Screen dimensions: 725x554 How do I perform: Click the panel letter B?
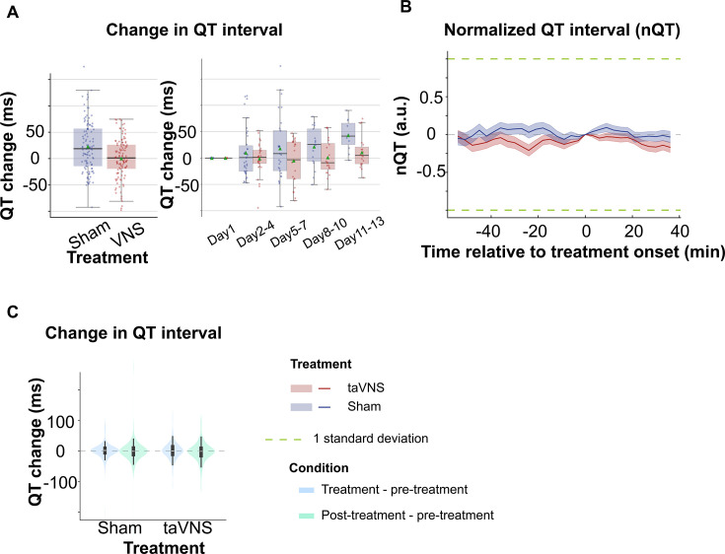[x=405, y=7]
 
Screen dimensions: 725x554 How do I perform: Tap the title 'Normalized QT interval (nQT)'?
[x=562, y=30]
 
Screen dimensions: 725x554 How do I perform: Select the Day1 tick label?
[x=222, y=236]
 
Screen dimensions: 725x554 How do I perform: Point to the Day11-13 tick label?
[x=360, y=234]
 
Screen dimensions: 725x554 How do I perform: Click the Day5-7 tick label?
[x=289, y=234]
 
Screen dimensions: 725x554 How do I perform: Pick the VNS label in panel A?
[x=127, y=234]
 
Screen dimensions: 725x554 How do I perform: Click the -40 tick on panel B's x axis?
[x=488, y=231]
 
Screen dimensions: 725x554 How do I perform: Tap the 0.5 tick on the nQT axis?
[x=430, y=98]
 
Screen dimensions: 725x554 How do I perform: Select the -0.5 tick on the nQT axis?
[x=428, y=172]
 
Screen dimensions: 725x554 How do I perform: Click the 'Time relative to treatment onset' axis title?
[x=572, y=252]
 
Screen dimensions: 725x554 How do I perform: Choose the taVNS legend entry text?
[x=366, y=387]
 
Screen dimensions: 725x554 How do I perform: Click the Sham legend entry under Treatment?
[x=364, y=406]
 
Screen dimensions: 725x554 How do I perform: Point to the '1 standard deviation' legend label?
[x=371, y=439]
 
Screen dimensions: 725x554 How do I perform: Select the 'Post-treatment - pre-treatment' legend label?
[x=407, y=516]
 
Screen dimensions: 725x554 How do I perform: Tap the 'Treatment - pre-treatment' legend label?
[x=395, y=489]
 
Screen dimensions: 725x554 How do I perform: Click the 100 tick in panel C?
[x=60, y=422]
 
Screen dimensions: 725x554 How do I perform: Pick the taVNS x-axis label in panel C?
[x=187, y=527]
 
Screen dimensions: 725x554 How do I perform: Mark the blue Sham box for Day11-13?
[x=347, y=134]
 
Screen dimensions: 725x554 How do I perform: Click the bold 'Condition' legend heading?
[x=319, y=468]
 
